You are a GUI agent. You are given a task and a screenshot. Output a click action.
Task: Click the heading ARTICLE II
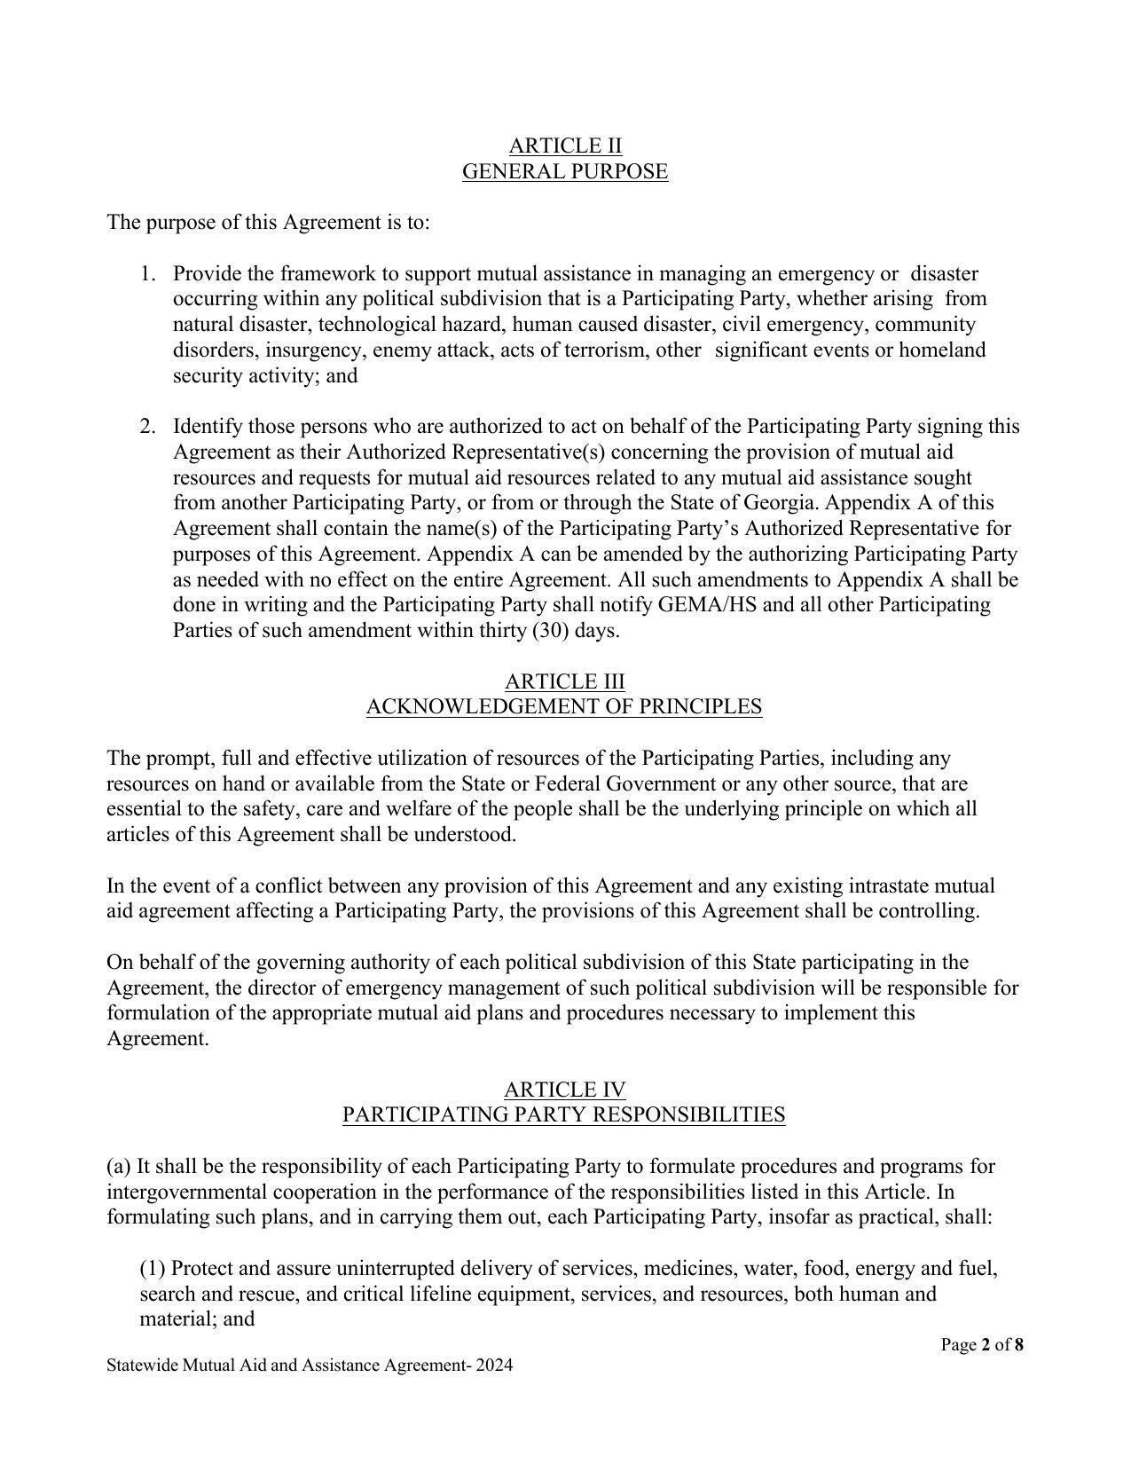click(565, 146)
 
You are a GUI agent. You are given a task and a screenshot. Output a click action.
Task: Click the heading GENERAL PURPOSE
click(565, 171)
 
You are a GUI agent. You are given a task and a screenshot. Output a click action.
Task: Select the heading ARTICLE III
click(565, 681)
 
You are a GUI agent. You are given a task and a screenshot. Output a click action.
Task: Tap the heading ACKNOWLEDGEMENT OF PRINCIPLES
click(564, 707)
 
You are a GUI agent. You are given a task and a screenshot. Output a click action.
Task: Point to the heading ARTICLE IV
click(565, 1090)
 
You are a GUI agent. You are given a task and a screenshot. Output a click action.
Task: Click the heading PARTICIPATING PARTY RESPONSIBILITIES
click(564, 1115)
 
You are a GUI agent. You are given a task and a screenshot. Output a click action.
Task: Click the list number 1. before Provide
click(148, 273)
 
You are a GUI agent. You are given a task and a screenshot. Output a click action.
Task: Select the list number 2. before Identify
click(148, 427)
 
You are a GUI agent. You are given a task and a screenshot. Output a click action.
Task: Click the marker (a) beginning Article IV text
click(119, 1166)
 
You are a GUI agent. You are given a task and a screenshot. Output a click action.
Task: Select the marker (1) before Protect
click(153, 1269)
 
